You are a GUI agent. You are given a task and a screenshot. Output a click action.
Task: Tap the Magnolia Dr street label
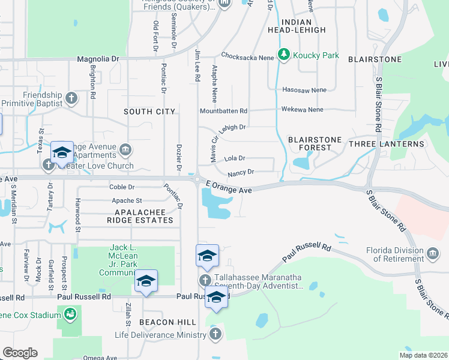pos(98,59)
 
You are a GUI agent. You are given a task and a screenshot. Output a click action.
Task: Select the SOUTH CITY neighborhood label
pos(149,112)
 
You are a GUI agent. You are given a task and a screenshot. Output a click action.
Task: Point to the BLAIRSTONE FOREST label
pos(315,143)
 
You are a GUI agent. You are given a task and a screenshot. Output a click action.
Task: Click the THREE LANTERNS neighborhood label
pos(386,144)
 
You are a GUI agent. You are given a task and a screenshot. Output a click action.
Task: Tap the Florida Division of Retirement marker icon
pos(433,254)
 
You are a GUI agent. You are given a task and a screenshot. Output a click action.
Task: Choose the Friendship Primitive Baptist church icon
pos(71,98)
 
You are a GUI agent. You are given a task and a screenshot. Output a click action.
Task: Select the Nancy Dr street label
pos(241,172)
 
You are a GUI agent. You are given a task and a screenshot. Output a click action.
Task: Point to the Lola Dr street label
pos(235,158)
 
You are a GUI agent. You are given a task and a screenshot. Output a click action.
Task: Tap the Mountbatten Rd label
pos(223,111)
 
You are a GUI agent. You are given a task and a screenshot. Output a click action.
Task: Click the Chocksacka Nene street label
pos(247,56)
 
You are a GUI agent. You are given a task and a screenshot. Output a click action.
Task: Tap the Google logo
pos(20,353)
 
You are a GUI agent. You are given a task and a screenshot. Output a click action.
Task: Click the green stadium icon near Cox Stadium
pos(70,313)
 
